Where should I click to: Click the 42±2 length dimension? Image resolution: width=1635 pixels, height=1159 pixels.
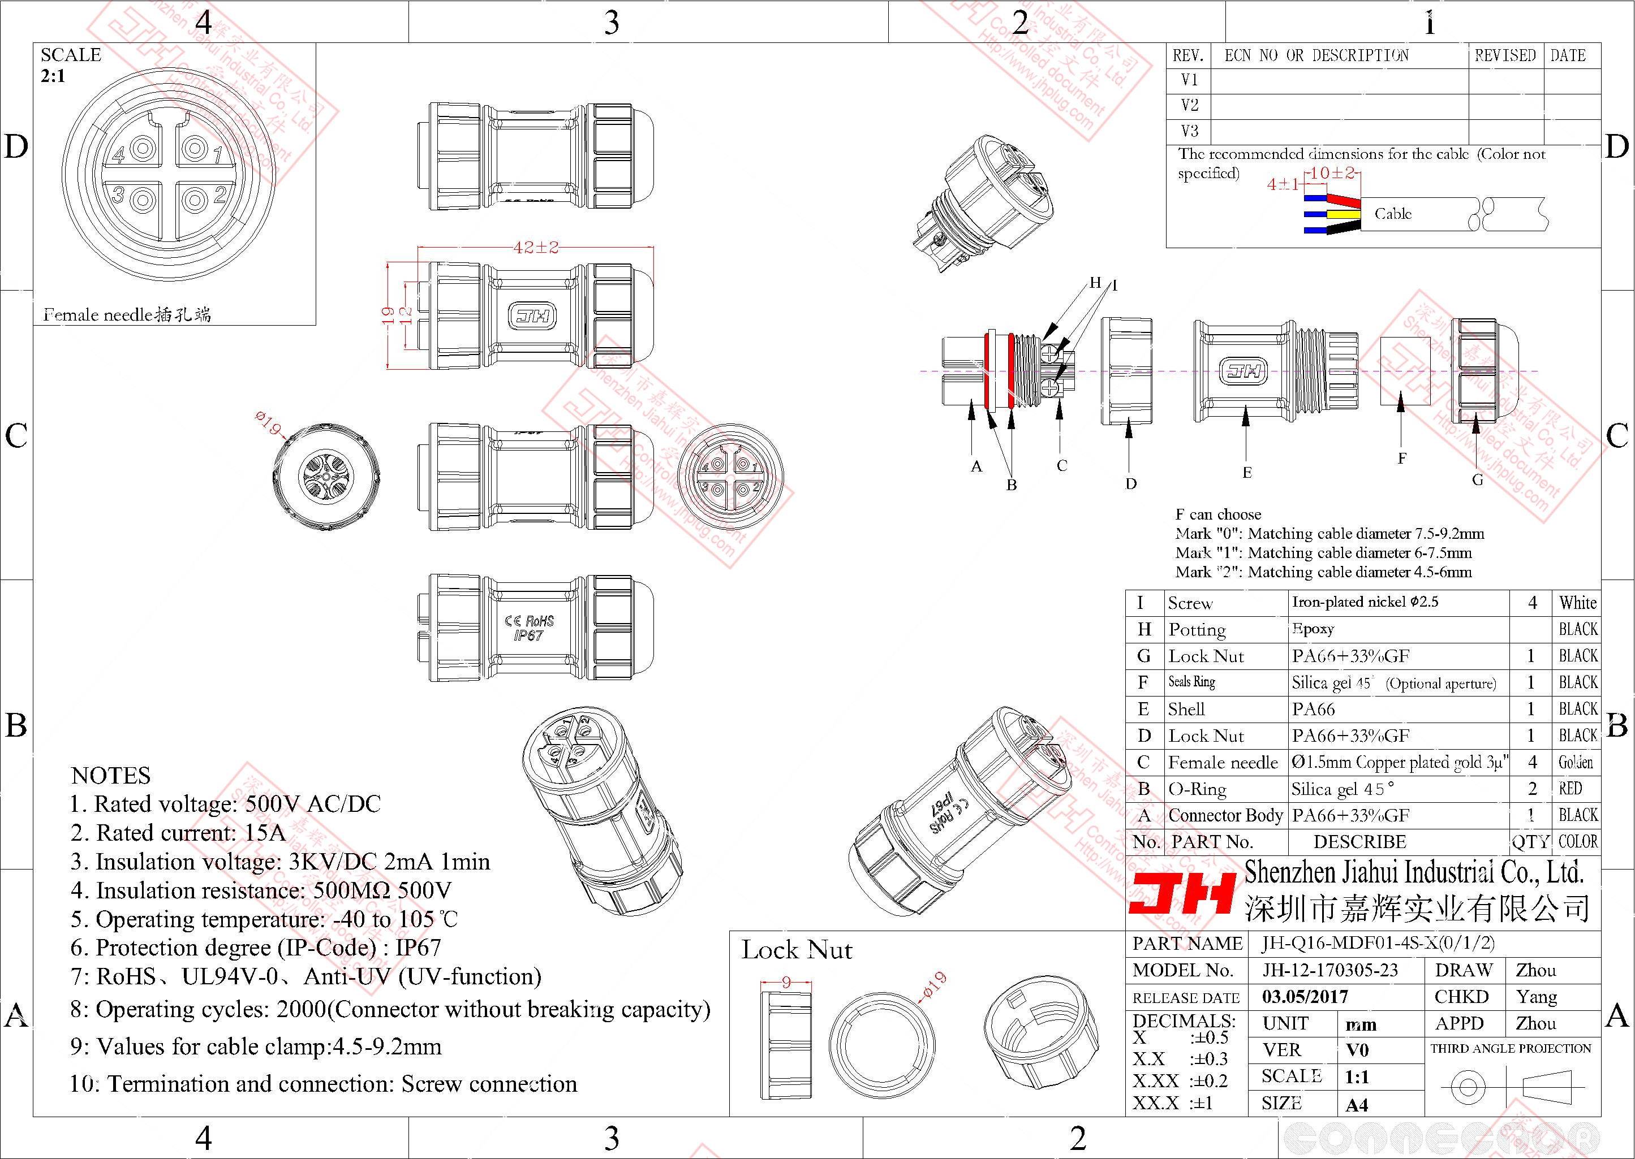536,248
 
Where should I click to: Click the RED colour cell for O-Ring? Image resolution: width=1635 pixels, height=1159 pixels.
1570,789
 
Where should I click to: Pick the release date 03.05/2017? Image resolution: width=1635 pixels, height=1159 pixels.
1305,996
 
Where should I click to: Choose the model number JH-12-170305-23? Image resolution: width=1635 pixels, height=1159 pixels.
1329,970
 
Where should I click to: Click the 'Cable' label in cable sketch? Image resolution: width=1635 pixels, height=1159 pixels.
1393,213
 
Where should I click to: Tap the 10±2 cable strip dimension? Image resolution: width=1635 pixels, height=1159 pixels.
1332,172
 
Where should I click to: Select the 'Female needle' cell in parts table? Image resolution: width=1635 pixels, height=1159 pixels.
1223,763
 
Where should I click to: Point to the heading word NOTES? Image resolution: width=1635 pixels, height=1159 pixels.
111,775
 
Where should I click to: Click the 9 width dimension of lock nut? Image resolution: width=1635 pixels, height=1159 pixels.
785,982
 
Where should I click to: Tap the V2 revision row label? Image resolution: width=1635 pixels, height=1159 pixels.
1189,106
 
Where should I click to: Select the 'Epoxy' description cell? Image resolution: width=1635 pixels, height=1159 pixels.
1313,629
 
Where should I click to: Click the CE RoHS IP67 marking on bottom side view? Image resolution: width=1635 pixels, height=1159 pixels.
528,628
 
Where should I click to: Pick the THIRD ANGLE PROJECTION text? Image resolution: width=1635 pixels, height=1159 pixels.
1511,1048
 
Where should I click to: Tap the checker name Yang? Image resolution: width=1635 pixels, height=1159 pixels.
1536,996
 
